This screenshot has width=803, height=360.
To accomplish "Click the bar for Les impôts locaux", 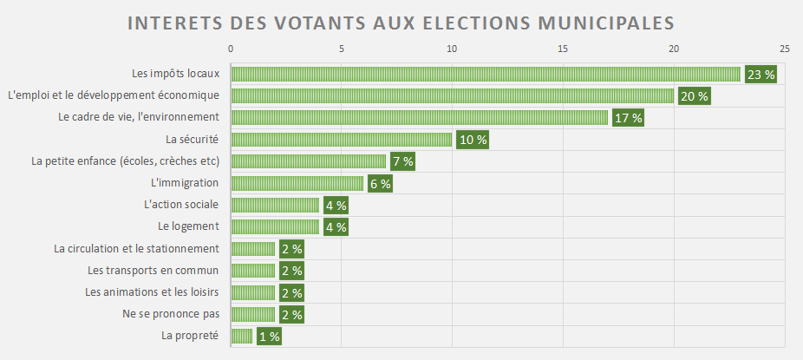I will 486,75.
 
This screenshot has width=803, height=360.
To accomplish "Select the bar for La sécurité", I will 342,140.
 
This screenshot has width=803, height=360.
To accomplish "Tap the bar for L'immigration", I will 297,183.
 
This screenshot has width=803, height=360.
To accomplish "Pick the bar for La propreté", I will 242,336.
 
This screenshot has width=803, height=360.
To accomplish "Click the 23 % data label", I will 761,75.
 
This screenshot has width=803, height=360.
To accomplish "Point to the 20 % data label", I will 694,96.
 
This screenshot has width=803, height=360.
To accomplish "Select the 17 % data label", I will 627,118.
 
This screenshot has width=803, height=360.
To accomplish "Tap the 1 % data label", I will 269,336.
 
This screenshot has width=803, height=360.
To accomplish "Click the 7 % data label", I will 402,161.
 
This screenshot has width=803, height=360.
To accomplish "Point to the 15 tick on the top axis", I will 563,49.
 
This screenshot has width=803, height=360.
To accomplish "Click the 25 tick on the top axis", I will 784,49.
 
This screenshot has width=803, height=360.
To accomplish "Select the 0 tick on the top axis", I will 231,49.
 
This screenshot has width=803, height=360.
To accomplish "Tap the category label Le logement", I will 188,226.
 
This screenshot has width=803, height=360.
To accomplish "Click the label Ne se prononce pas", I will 171,314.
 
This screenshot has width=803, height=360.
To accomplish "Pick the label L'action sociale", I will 181,205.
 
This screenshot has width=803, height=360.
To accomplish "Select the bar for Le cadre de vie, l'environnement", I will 419,118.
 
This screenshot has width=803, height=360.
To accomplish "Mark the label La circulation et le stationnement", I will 136,248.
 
